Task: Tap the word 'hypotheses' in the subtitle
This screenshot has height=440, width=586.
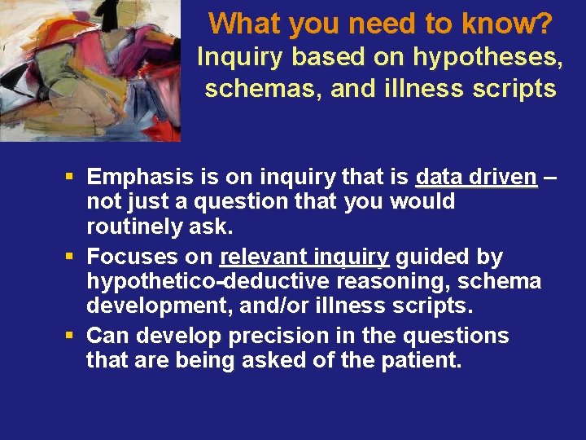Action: click(x=488, y=57)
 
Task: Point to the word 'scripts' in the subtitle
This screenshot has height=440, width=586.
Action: click(x=517, y=88)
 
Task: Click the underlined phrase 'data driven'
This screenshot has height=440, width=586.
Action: click(x=476, y=177)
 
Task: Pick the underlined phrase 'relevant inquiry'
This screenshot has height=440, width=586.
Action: click(x=305, y=257)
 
